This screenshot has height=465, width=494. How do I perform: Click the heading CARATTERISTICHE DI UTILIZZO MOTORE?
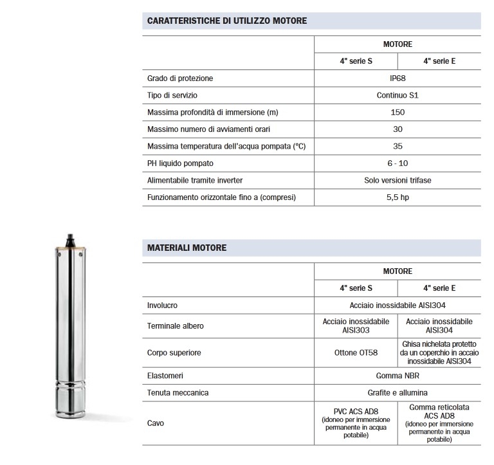[227, 21]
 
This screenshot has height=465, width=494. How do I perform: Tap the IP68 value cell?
[398, 78]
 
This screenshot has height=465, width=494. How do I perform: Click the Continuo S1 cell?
[398, 95]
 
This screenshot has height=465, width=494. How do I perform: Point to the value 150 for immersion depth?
[398, 113]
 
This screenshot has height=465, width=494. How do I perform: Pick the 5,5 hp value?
[398, 197]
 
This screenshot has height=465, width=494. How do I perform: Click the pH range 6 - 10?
[398, 163]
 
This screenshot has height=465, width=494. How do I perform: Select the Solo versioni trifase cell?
[398, 180]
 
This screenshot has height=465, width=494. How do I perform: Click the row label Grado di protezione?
[180, 78]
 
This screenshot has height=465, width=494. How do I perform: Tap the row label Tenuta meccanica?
[178, 392]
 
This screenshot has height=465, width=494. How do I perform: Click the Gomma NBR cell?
[398, 375]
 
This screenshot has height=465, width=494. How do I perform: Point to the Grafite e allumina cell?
[398, 392]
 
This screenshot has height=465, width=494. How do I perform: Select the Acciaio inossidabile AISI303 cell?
[356, 325]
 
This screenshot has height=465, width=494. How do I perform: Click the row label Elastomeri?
[166, 375]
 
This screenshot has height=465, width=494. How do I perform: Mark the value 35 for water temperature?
[398, 146]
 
